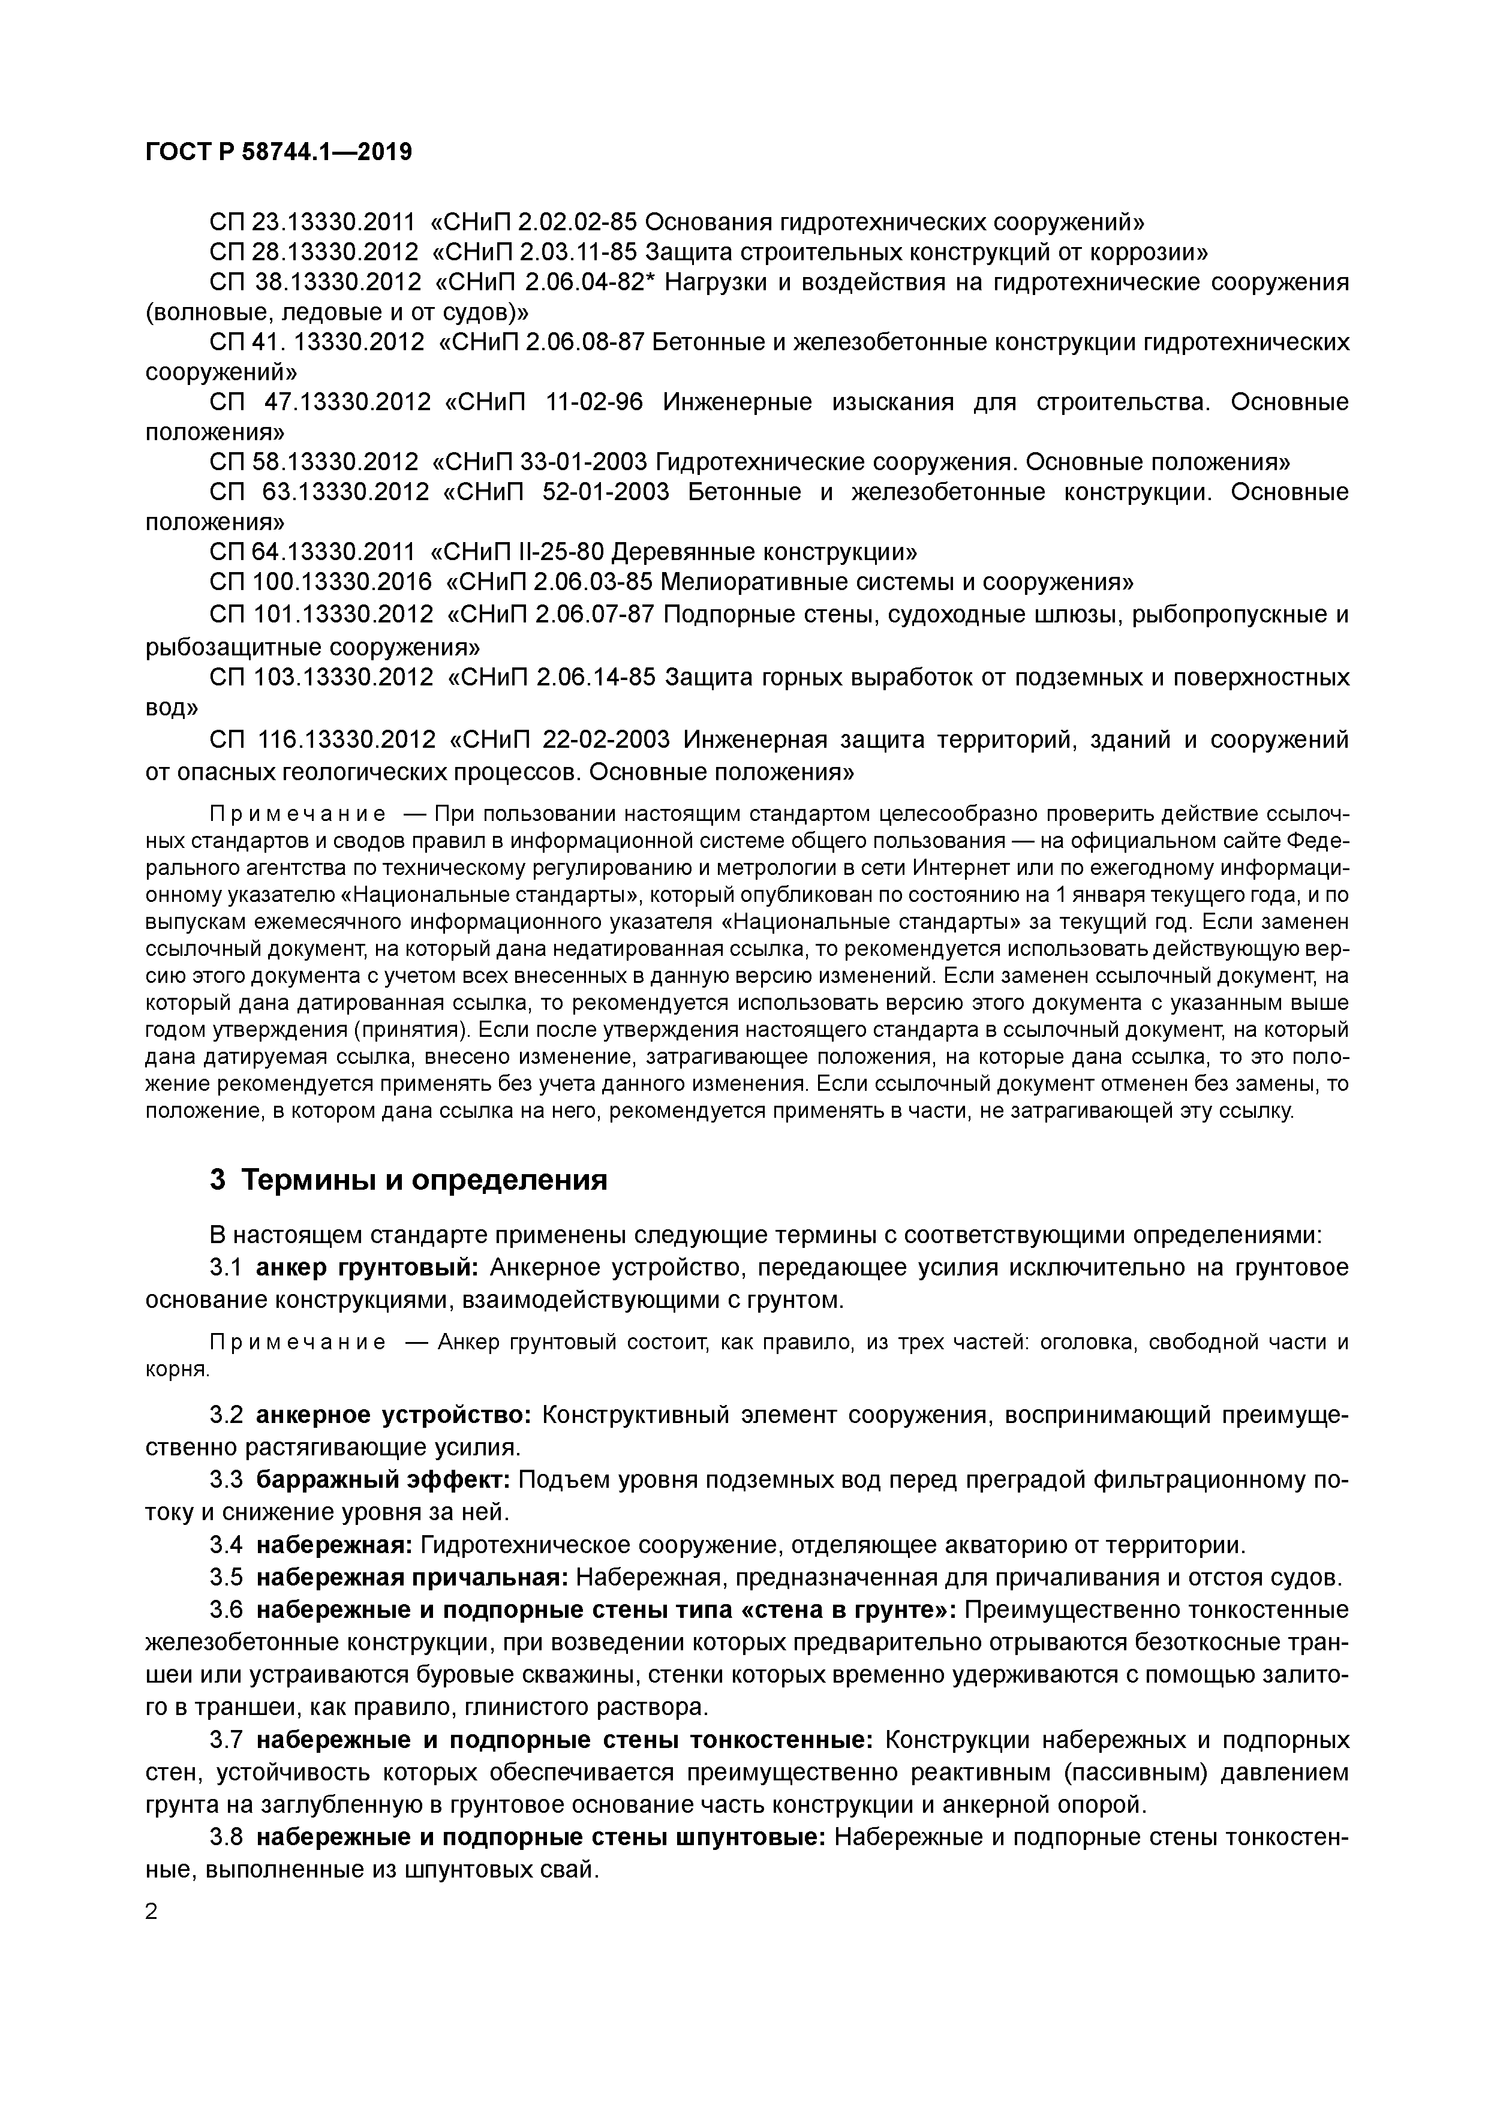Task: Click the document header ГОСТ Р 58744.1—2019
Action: click(x=278, y=152)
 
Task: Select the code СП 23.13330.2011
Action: click(x=311, y=222)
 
